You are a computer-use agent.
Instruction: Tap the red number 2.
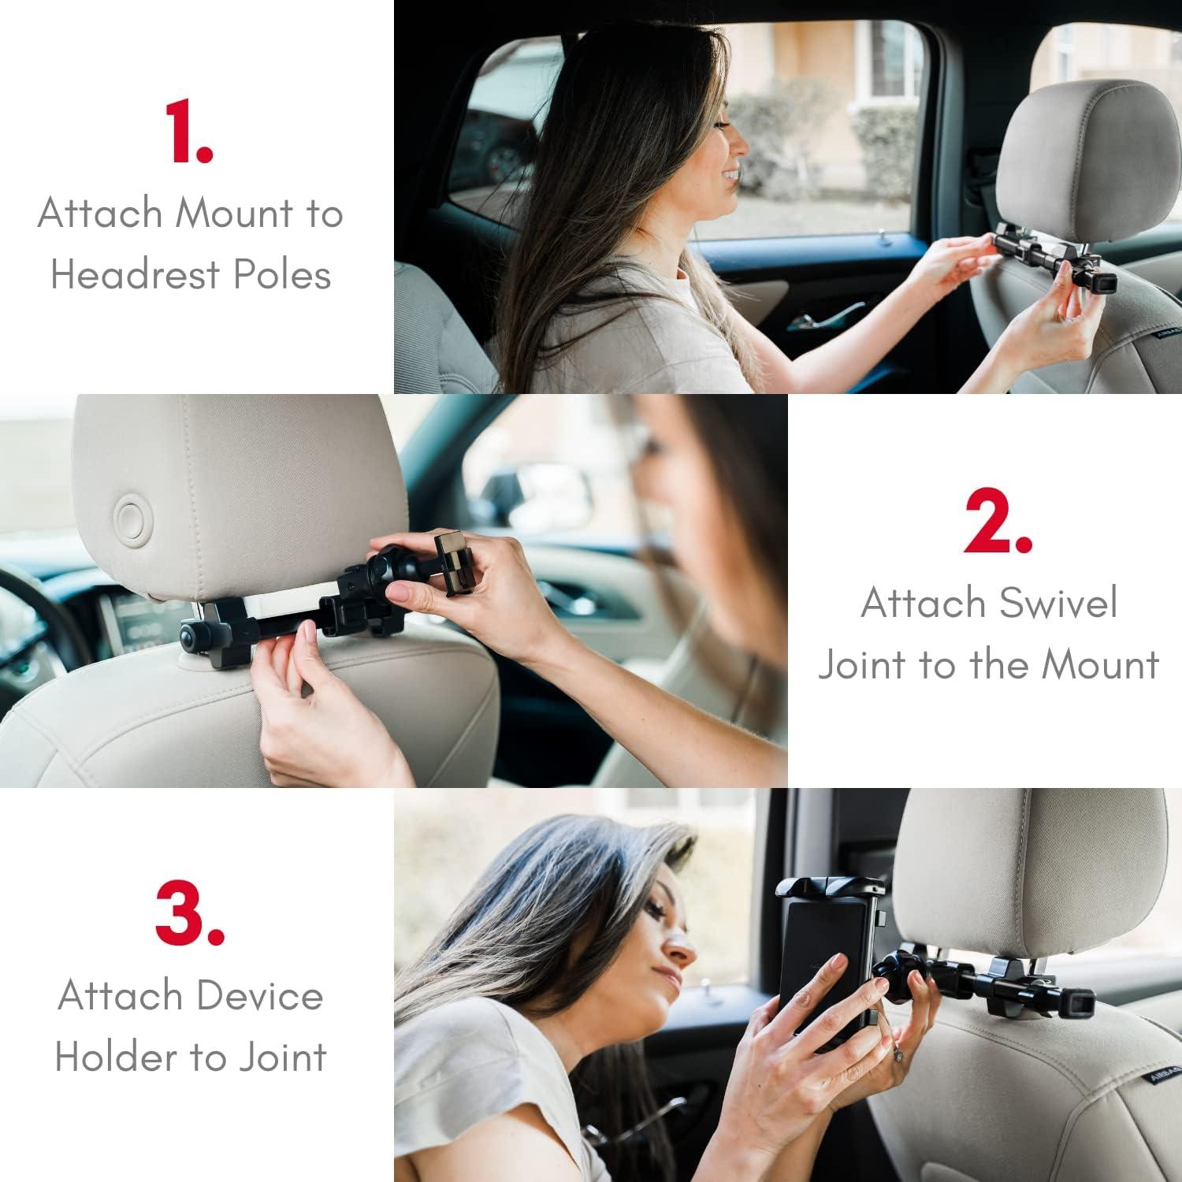click(998, 523)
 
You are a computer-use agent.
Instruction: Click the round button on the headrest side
click(132, 516)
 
